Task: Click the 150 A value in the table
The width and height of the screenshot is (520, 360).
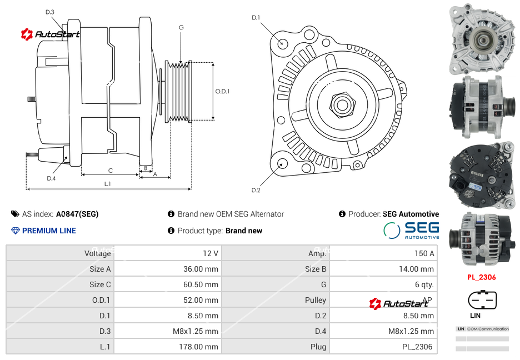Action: [x=425, y=253]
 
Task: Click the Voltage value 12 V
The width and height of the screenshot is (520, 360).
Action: [x=210, y=253]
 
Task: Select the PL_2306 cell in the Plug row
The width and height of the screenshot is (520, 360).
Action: [x=418, y=347]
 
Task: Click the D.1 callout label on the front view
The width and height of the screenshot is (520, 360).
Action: [x=256, y=18]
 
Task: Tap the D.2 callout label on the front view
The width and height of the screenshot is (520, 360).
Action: [x=256, y=190]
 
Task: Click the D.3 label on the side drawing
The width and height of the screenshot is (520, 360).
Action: [x=50, y=12]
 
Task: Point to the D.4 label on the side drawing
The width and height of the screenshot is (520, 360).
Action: [x=51, y=178]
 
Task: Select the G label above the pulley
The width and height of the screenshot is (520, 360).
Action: [x=181, y=27]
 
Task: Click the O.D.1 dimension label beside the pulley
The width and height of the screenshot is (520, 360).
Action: [x=222, y=91]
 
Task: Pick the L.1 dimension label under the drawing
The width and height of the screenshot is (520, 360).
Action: [x=107, y=183]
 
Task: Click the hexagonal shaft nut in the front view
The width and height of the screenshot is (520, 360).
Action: [x=341, y=103]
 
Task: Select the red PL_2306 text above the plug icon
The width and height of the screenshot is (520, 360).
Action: [x=481, y=277]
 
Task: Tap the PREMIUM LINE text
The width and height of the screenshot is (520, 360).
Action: [x=49, y=231]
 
